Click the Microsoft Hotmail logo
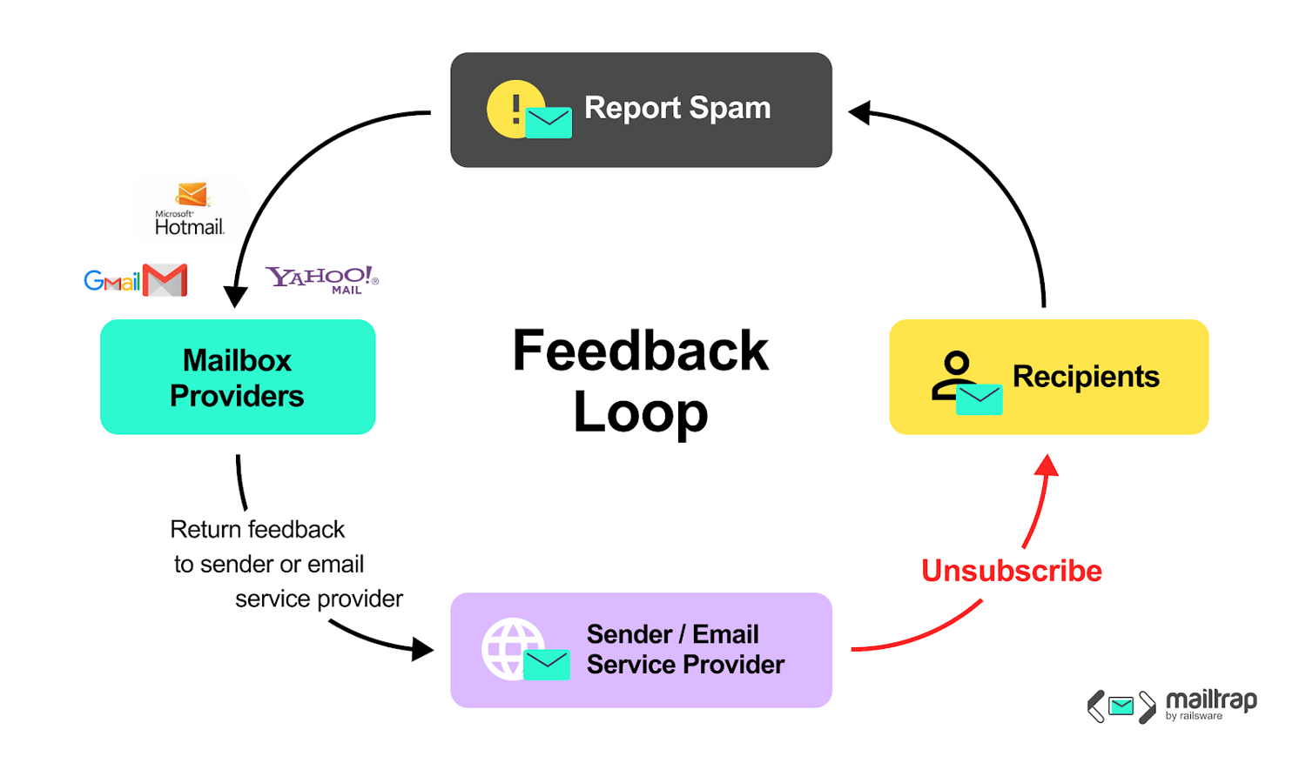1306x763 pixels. (190, 209)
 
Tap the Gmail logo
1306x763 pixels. (136, 280)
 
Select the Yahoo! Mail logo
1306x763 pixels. (322, 280)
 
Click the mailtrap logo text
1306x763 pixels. (1212, 705)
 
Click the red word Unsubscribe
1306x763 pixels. (1012, 571)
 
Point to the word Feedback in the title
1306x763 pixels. (641, 351)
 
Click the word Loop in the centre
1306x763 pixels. (641, 412)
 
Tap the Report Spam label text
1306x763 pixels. (677, 109)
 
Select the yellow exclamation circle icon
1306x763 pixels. (512, 109)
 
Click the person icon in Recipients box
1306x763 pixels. (953, 375)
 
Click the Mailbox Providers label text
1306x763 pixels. (238, 378)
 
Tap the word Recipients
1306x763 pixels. (1087, 376)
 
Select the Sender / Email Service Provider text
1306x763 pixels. (686, 649)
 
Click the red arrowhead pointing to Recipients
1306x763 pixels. (1047, 466)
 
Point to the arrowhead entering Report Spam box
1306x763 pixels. (859, 112)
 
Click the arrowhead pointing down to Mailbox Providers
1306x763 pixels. (236, 297)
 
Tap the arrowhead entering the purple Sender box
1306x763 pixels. (422, 649)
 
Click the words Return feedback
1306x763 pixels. (257, 530)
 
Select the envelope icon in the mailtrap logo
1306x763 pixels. (1121, 706)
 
